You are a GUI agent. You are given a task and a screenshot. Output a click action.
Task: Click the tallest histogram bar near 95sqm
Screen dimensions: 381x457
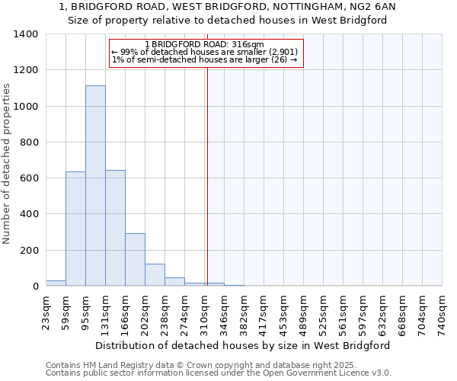coord(95,186)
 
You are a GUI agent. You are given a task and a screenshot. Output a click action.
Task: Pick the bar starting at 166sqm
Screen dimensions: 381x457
coord(135,260)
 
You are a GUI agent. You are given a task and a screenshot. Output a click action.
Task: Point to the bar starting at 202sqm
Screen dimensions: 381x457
coord(155,275)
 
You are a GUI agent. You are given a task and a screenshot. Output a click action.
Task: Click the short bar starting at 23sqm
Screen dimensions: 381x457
coord(56,283)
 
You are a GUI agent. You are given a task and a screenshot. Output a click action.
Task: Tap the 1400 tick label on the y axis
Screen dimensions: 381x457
coord(26,34)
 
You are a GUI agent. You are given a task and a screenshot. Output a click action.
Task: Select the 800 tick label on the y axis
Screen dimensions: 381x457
coord(29,142)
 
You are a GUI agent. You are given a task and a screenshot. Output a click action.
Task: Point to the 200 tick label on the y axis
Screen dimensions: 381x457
coord(29,251)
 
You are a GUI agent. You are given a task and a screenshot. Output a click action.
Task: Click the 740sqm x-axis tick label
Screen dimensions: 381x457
coord(442,313)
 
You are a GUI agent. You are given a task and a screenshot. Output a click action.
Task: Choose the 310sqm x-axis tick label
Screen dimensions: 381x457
coord(204,313)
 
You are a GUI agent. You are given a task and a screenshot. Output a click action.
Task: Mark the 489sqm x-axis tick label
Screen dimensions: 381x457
coord(303,313)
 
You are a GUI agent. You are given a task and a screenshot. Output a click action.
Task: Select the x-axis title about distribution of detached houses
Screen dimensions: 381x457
coord(244,345)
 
